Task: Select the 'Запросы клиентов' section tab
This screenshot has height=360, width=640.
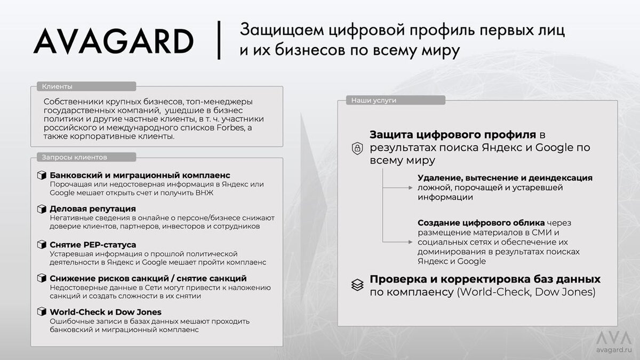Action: [75, 157]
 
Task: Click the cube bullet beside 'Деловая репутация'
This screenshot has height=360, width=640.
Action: [41, 209]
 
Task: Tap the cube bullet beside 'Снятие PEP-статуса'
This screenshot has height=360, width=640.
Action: [41, 245]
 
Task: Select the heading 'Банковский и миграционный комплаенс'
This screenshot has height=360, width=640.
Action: [140, 175]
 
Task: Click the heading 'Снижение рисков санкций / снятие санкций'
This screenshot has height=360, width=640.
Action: [148, 278]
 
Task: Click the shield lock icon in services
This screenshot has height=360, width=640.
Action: [357, 148]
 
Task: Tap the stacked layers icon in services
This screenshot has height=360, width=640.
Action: [357, 285]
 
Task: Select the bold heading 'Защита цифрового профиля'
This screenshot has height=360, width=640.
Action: [453, 134]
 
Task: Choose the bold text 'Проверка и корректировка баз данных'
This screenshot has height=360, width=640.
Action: [485, 279]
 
